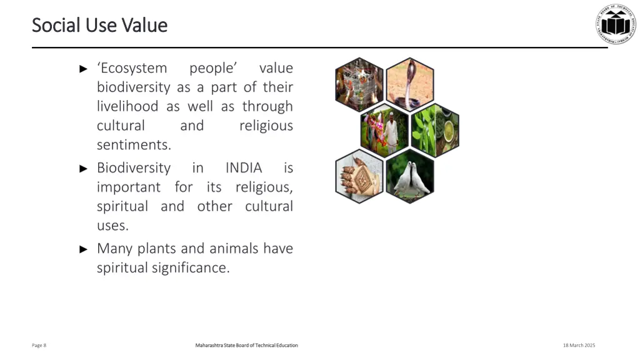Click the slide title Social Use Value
tap(99, 25)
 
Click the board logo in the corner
tap(615, 24)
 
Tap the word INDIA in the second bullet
tap(244, 168)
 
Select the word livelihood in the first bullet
tap(127, 106)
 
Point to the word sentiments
tap(134, 145)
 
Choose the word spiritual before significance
tap(122, 267)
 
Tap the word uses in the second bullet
tap(112, 225)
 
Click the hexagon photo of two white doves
tap(409, 176)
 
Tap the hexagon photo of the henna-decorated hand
tap(359, 176)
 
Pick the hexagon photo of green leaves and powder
tap(435, 130)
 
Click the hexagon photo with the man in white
tap(384, 130)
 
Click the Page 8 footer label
tap(39, 346)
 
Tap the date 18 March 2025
tap(579, 346)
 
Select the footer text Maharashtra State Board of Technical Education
tap(246, 346)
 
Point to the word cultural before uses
tap(269, 206)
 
